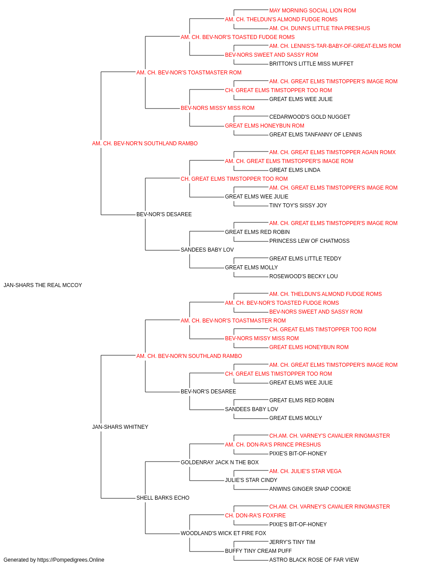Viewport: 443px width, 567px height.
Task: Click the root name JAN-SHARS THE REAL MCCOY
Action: tap(43, 285)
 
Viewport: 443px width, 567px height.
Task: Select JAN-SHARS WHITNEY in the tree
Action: tap(120, 427)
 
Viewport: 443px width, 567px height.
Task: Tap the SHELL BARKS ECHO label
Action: tap(163, 498)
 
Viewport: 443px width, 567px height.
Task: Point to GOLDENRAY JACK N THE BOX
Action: tap(220, 462)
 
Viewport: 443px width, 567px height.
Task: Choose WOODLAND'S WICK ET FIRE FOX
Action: tap(223, 533)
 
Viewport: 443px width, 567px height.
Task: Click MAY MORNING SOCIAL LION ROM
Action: tap(313, 11)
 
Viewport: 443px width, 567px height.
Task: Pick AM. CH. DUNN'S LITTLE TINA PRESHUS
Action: tap(319, 28)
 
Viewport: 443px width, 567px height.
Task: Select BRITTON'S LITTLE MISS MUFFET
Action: tap(311, 64)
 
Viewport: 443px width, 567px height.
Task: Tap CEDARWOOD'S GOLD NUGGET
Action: tap(310, 117)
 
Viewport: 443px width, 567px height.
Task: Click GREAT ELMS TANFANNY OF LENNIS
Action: tap(315, 135)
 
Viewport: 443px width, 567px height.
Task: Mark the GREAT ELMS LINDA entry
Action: tap(295, 170)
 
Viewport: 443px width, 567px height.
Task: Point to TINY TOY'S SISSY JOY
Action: tap(298, 206)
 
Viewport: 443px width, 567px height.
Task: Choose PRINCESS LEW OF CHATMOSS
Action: tap(309, 241)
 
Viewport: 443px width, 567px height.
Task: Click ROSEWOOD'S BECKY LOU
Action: tap(303, 276)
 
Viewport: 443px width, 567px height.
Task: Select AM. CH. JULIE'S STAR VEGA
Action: tap(305, 471)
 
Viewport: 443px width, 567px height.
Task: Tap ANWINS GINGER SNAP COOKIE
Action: tap(310, 489)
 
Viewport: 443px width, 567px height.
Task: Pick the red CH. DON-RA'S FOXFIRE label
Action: tap(255, 516)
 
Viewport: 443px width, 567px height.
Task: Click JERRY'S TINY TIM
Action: tap(292, 542)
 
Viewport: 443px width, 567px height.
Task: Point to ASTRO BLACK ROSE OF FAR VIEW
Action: tap(314, 560)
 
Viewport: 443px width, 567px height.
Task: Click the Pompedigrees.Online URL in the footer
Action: tap(71, 560)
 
